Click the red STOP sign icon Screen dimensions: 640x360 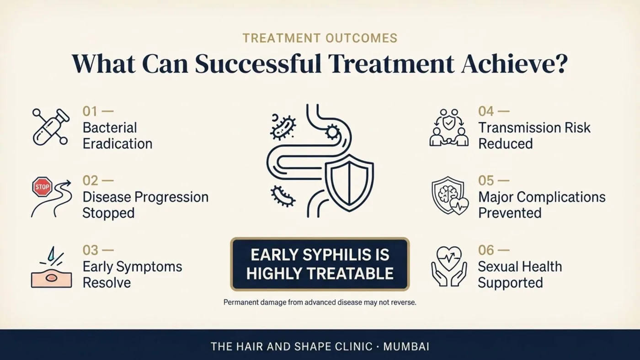[x=42, y=187]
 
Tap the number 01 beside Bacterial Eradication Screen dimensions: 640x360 [x=90, y=111]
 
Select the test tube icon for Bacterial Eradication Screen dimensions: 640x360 [x=51, y=127]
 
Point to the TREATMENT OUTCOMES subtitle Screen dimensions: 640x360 [x=320, y=38]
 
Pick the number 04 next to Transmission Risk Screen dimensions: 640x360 [x=485, y=111]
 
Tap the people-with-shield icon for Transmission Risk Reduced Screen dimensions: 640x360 [x=449, y=127]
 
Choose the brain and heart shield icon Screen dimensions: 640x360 [x=450, y=196]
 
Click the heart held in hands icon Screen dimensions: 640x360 [x=449, y=266]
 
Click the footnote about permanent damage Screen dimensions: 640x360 [x=320, y=302]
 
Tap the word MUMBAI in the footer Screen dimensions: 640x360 [x=406, y=347]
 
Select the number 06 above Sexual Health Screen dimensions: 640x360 [x=486, y=250]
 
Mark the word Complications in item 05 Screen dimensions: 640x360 [x=561, y=197]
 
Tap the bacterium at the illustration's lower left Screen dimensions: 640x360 [x=283, y=196]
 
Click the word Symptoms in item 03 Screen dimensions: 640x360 [x=149, y=267]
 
